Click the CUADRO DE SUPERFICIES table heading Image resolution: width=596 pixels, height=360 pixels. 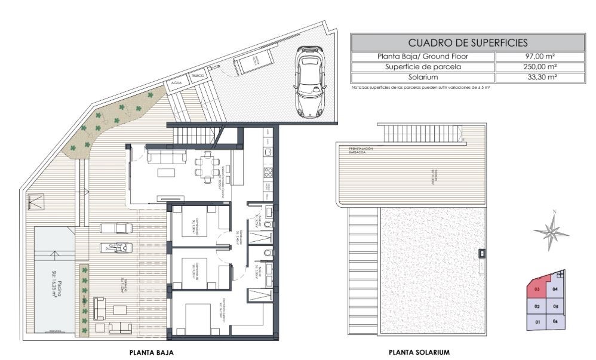point(468,42)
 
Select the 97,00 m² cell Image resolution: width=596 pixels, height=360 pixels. point(540,56)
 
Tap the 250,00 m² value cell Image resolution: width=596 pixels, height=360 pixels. point(540,67)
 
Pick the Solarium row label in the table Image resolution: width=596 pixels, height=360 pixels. point(423,78)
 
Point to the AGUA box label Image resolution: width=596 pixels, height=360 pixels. point(176,83)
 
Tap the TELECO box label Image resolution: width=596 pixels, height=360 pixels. point(198,76)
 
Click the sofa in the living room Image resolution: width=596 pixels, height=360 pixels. point(166,156)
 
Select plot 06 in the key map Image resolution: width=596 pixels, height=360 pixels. point(555,322)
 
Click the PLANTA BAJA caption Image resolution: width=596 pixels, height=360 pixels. point(152,353)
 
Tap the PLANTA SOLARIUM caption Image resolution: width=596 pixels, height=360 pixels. point(419,353)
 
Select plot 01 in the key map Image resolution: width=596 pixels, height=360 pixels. point(537,322)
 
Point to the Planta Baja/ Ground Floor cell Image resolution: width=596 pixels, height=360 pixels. point(423,56)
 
